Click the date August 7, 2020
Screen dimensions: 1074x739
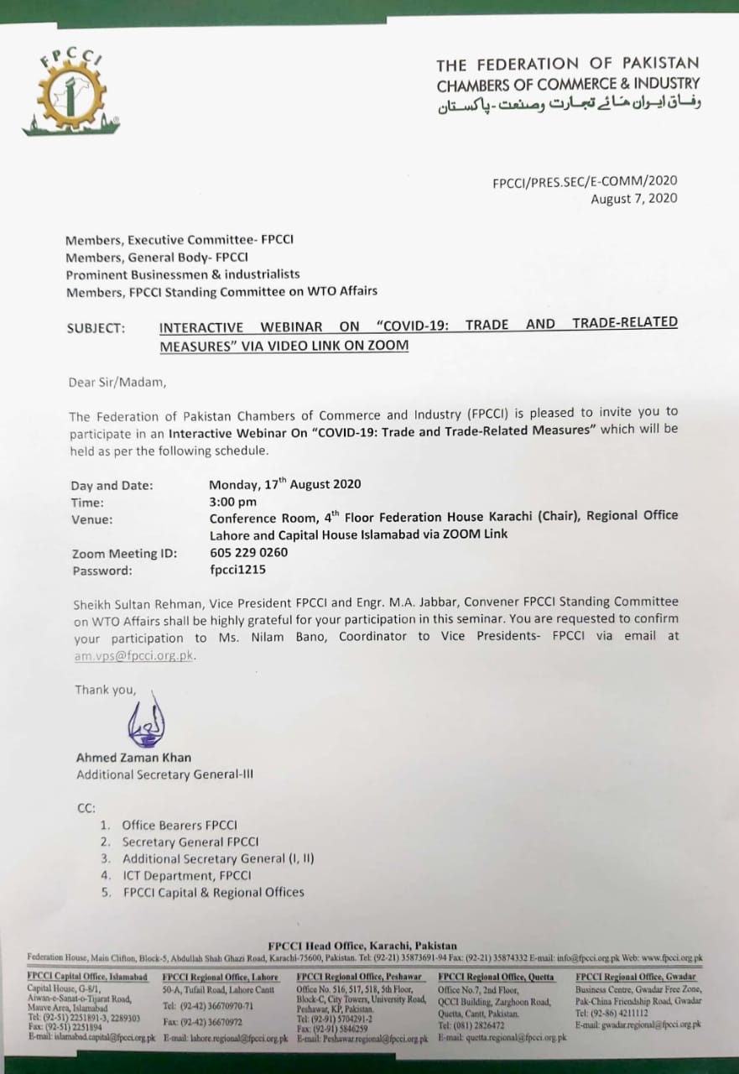click(x=633, y=199)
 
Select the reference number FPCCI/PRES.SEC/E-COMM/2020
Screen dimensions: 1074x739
click(x=585, y=180)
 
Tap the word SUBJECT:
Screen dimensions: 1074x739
click(x=96, y=329)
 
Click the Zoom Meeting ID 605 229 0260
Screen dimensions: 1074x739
click(x=248, y=553)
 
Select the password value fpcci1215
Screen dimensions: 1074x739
click(x=238, y=571)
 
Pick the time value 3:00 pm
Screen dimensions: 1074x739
click(x=233, y=502)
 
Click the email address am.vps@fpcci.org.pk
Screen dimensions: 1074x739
click(x=133, y=656)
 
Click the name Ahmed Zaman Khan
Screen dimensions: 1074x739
click(x=133, y=758)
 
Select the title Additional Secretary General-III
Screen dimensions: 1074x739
click(x=164, y=774)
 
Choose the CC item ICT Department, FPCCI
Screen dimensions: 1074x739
click(x=186, y=875)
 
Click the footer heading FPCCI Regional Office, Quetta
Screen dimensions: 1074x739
click(x=496, y=978)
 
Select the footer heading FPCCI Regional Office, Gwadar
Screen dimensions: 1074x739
click(x=635, y=978)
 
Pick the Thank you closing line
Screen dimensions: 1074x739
click(x=104, y=690)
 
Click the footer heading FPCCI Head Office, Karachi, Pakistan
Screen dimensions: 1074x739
click(x=362, y=946)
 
